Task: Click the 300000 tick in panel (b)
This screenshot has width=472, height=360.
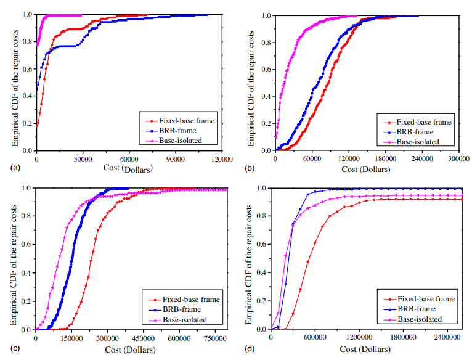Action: pos(459,158)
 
